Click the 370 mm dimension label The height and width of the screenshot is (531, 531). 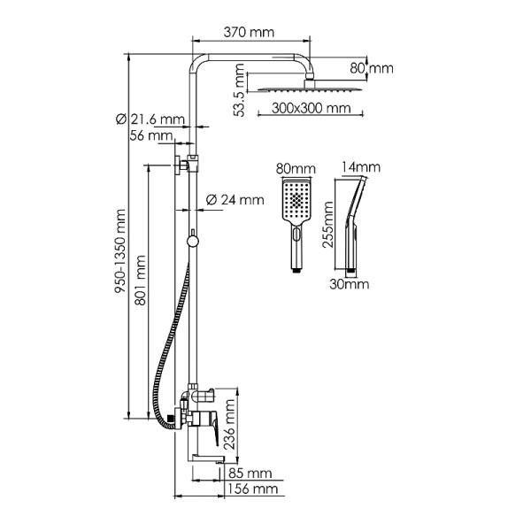[249, 33]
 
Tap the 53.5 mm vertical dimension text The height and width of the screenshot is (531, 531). [240, 90]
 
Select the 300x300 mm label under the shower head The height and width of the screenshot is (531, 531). [311, 108]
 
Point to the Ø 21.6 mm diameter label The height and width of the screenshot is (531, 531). [150, 119]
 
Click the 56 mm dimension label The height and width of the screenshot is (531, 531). [151, 135]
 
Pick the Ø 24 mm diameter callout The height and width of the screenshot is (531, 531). [235, 200]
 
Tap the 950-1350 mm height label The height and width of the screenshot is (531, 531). [119, 251]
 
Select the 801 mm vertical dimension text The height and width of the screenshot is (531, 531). [140, 281]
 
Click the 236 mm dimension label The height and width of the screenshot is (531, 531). [230, 424]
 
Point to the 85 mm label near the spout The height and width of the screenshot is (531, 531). [250, 473]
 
